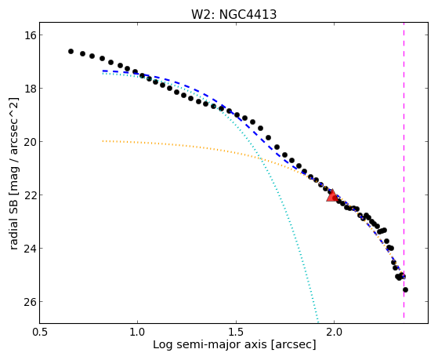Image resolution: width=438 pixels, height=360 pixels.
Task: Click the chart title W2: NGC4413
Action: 233,15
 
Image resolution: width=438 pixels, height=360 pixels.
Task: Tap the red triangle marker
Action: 332,196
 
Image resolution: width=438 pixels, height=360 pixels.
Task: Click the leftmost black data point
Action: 71,51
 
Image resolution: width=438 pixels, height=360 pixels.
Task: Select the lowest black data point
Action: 405,289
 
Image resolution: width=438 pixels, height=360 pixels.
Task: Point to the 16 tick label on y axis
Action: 28,35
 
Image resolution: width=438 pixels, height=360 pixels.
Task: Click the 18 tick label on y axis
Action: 28,89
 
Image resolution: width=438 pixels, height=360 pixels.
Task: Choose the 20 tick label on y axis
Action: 28,142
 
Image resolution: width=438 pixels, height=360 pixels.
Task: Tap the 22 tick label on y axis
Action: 28,195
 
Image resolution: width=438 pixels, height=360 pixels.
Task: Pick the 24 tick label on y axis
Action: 28,249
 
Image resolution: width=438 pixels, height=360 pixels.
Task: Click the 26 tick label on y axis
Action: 28,302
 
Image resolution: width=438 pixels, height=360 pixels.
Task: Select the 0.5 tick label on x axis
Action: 40,332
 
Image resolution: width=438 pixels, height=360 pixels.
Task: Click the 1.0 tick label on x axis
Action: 138,332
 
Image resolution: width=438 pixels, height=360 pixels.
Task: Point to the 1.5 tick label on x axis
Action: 236,332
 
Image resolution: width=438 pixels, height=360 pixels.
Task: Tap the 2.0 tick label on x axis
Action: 334,332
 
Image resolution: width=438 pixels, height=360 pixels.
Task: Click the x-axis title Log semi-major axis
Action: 210,344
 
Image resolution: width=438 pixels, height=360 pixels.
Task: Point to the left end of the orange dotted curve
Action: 103,141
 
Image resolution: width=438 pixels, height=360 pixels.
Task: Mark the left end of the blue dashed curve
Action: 103,71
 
